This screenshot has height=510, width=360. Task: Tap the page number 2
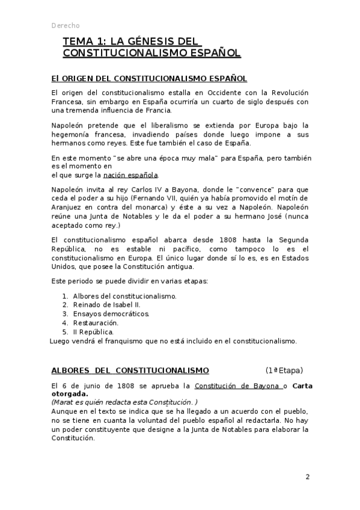point(307,478)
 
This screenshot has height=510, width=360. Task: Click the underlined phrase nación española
point(130,175)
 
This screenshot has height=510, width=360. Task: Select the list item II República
point(93,331)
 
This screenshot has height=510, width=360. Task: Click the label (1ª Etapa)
point(284,370)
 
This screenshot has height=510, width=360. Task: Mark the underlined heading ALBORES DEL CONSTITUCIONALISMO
point(130,370)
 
